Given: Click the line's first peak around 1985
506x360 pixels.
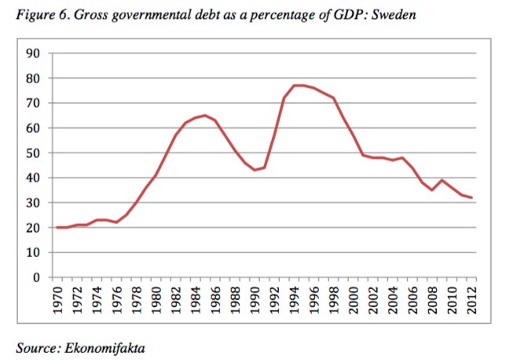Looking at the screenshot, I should [206, 116].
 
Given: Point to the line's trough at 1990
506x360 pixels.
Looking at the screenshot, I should [255, 170].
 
